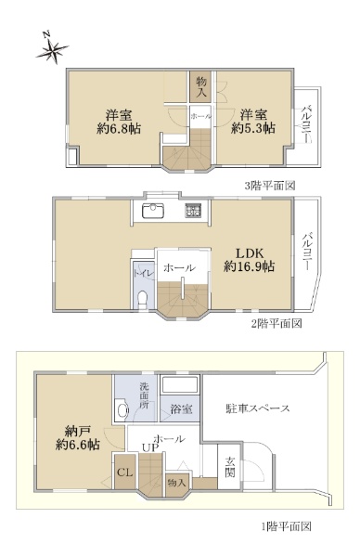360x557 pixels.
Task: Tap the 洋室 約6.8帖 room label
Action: (x=119, y=122)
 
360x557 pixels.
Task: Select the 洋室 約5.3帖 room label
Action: (x=253, y=122)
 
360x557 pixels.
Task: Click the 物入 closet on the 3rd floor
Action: (x=201, y=87)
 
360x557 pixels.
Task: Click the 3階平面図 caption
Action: (x=270, y=186)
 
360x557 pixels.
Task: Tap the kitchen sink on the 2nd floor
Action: (x=153, y=211)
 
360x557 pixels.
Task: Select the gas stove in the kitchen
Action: (x=193, y=211)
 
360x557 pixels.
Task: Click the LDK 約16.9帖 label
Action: (x=250, y=260)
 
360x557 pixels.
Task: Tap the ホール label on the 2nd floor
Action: (x=179, y=268)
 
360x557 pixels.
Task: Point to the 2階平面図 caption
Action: (x=276, y=324)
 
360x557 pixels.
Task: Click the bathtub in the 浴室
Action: (x=179, y=385)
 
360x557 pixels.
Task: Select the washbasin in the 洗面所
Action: (x=122, y=411)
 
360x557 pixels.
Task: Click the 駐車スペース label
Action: (x=258, y=408)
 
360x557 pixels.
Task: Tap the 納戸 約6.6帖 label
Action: (x=77, y=438)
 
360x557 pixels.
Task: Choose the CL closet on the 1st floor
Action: (x=125, y=472)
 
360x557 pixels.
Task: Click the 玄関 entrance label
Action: (x=230, y=468)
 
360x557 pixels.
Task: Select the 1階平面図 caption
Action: (x=287, y=526)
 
